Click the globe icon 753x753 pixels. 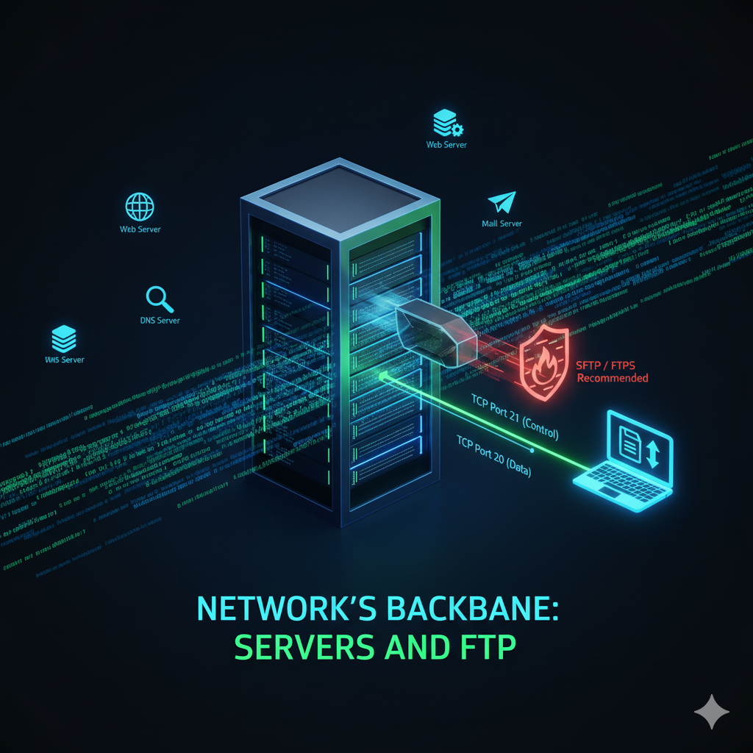coord(140,207)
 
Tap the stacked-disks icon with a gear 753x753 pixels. coord(446,123)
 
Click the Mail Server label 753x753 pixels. coord(502,224)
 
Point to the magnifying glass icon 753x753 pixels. coord(160,298)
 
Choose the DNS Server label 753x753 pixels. coord(160,321)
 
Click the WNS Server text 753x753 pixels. coord(65,360)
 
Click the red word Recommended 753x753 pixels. coord(612,379)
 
